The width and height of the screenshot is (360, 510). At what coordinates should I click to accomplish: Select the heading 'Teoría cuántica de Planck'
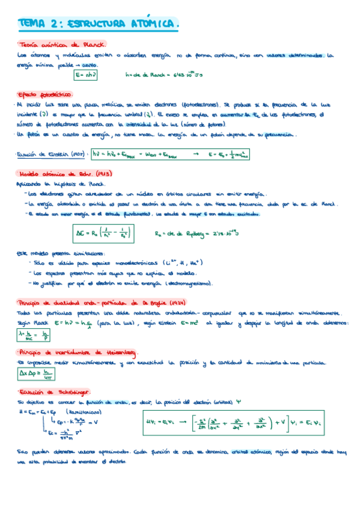click(x=63, y=45)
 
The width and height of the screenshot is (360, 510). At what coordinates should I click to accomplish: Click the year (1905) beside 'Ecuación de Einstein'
click(x=77, y=154)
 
